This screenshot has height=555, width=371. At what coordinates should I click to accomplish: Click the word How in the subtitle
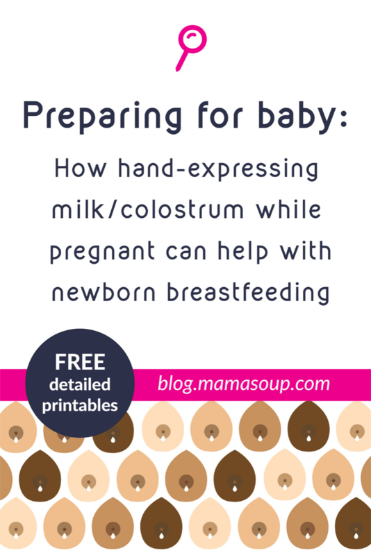(81, 169)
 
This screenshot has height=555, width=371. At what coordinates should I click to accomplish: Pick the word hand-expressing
(218, 170)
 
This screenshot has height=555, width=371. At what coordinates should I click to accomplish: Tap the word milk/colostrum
(148, 210)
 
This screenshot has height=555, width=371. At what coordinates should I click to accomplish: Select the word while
(289, 210)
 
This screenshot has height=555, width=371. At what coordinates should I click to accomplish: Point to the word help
(242, 252)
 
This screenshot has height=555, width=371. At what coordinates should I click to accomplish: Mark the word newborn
(104, 292)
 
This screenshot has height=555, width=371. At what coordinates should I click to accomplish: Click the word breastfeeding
(249, 293)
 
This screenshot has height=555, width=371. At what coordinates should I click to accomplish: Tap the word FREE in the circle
(80, 362)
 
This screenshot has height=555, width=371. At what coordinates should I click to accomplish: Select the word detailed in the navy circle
(80, 385)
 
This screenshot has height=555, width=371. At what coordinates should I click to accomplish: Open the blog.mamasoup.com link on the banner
(244, 384)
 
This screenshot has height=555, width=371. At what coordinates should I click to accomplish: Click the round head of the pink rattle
(192, 39)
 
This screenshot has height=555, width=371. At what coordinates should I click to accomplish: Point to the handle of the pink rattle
(182, 60)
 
